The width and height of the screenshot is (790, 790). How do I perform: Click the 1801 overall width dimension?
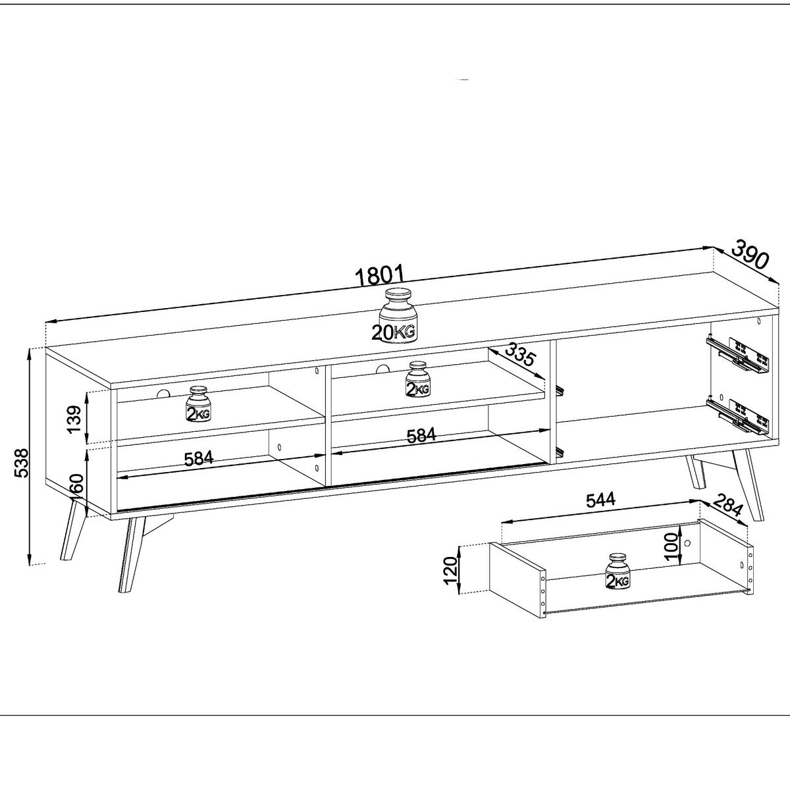point(379,275)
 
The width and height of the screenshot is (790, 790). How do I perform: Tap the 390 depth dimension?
point(750,255)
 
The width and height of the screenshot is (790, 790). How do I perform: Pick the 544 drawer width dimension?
point(600,500)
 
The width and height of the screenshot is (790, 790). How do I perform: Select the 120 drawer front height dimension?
point(450,570)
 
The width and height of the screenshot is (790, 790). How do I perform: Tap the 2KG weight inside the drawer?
point(616,571)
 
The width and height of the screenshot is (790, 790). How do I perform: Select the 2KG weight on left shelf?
point(198,404)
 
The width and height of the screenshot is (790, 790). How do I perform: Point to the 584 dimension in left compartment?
point(198,458)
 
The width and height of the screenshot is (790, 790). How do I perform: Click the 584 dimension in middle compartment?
point(421,435)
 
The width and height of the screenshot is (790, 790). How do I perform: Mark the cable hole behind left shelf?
point(162,394)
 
